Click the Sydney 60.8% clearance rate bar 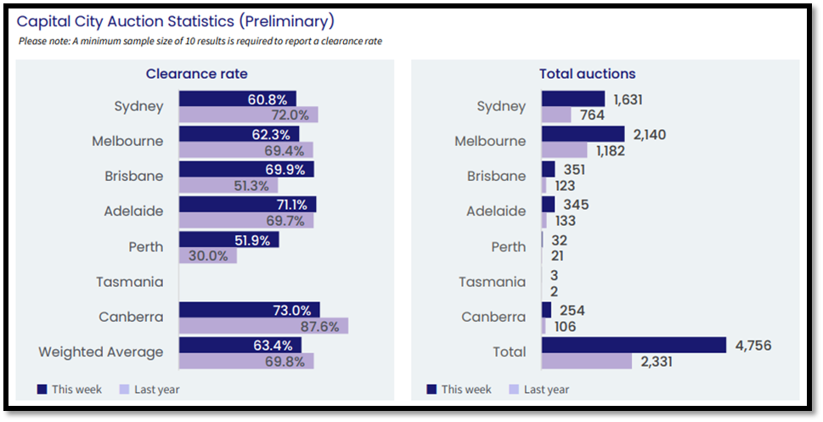237,99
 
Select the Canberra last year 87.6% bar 263,326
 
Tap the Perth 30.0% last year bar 207,256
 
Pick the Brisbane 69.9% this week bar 245,169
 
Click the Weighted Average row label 101,352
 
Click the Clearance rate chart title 197,74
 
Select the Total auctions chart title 587,74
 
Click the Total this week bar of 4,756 634,344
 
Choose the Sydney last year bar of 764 556,115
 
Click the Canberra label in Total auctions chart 493,317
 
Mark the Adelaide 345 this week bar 548,204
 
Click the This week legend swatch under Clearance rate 42,390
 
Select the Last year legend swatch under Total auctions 513,390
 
